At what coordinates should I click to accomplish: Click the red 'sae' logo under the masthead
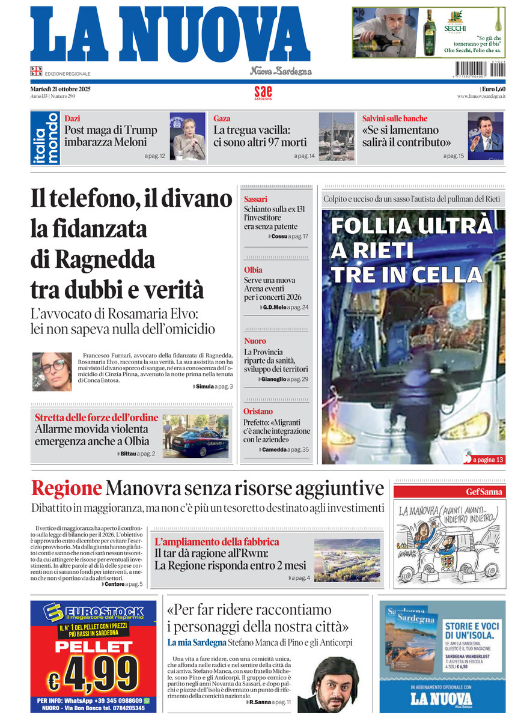point(263,92)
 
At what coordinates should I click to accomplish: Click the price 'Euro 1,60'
point(493,89)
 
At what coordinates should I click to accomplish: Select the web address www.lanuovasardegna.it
point(481,96)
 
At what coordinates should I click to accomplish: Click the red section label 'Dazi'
point(72,118)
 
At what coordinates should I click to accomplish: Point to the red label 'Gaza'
point(222,118)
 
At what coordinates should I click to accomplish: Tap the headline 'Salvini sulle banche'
point(395,118)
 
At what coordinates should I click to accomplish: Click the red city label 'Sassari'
point(255,199)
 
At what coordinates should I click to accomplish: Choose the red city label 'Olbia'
point(253,270)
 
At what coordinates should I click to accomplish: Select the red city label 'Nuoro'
point(255,341)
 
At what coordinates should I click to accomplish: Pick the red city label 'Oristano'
point(258,412)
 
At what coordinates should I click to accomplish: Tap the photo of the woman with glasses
point(52,372)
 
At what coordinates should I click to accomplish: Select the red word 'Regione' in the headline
point(66,488)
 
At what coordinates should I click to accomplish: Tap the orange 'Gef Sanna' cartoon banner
point(449,492)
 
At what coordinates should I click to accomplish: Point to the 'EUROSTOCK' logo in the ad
point(96,611)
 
